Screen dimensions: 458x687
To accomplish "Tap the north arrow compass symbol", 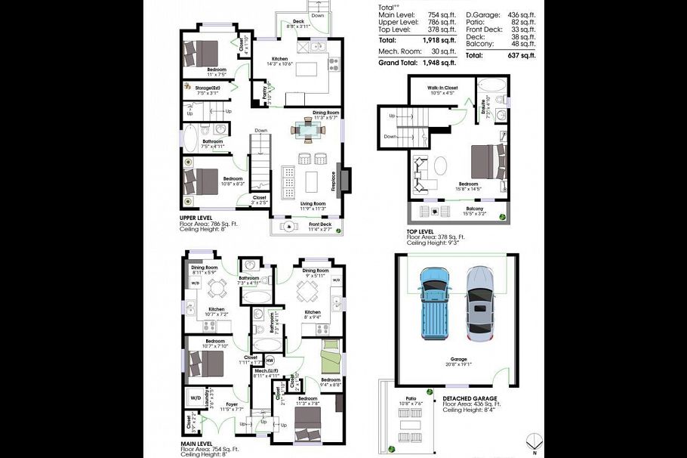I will coord(535,442).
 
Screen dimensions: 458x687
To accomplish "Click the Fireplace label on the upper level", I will coord(333,181).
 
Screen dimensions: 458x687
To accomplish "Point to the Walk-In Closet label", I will coord(442,88).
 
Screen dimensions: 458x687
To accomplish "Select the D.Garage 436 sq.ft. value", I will coord(520,14).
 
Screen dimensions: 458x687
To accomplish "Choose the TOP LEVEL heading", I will coord(421,231).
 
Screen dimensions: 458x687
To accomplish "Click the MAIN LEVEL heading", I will coord(197,444).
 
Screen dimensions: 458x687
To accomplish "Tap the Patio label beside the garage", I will coord(411,398).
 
